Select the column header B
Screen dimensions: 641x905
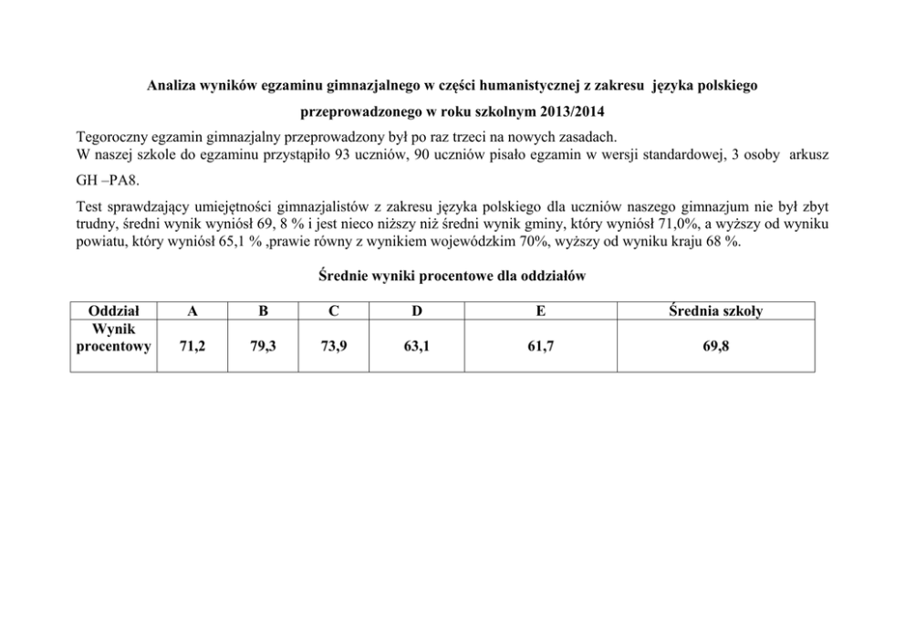263,311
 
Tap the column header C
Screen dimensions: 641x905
334,311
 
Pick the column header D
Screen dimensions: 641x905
416,311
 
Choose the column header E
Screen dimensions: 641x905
541,311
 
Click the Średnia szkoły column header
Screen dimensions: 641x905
715,311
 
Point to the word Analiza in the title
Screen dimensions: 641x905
173,87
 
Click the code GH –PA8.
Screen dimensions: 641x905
107,180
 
